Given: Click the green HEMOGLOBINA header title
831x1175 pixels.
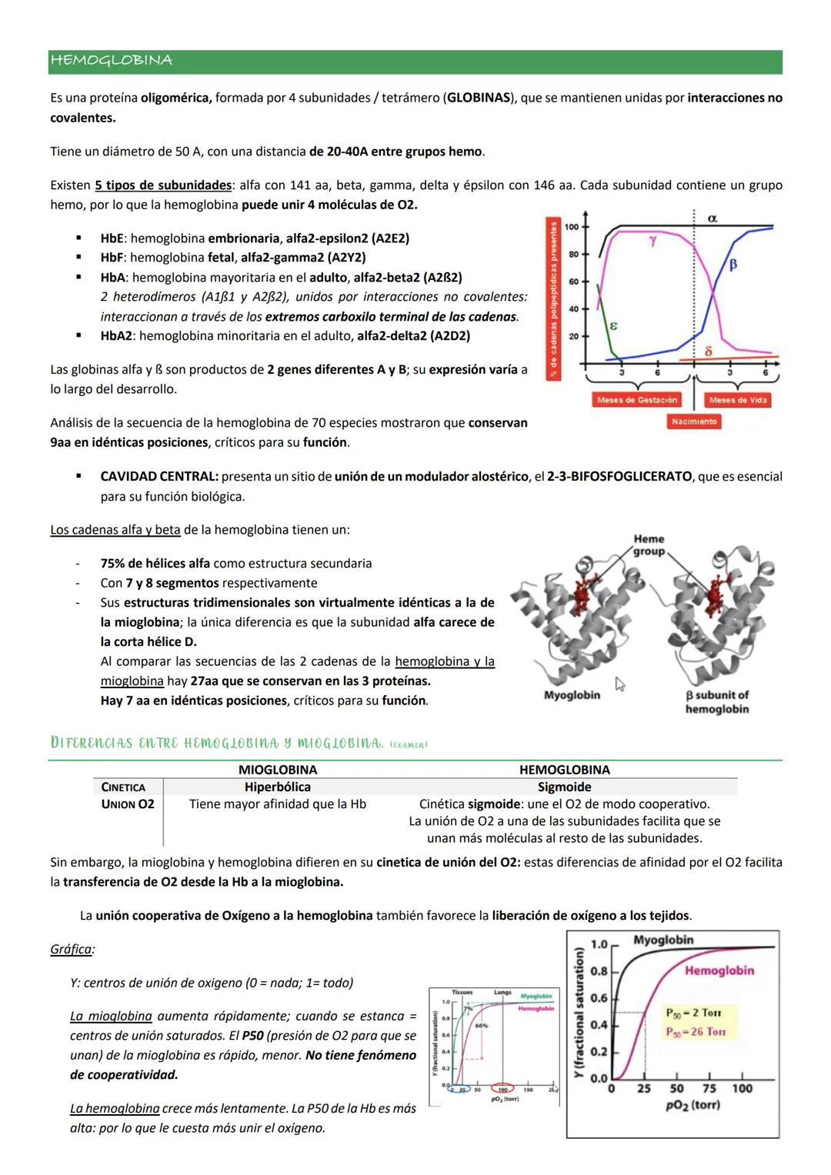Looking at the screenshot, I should point(111,61).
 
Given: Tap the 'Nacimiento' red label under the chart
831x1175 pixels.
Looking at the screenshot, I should point(693,421).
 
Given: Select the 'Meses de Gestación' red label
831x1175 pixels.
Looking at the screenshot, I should point(636,400).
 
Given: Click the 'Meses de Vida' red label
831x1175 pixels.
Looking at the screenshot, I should point(737,400).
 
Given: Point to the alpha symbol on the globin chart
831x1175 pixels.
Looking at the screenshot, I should point(712,219).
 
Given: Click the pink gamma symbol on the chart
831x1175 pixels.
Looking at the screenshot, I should point(652,241).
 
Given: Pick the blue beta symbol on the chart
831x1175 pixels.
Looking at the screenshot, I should point(733,265).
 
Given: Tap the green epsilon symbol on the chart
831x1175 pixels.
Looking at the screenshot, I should point(613,326).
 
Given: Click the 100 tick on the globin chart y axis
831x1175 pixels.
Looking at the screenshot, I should point(572,227).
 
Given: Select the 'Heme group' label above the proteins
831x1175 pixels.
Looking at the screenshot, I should point(649,545).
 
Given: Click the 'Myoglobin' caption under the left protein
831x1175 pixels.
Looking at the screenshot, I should point(572,695).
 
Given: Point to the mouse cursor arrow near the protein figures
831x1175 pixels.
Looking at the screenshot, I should point(620,684).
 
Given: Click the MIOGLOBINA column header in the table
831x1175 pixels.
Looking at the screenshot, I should point(278,770).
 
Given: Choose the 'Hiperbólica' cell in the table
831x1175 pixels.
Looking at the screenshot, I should point(278,787).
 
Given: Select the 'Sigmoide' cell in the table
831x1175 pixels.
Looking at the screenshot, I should point(564,787).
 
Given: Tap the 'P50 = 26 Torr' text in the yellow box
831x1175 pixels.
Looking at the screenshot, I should point(696,1032).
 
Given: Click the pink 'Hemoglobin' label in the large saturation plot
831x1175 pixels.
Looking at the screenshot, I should point(719,971).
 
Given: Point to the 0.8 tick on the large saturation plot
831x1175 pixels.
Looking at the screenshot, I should point(599,971).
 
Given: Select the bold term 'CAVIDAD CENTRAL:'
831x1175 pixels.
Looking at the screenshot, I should point(159,477).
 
